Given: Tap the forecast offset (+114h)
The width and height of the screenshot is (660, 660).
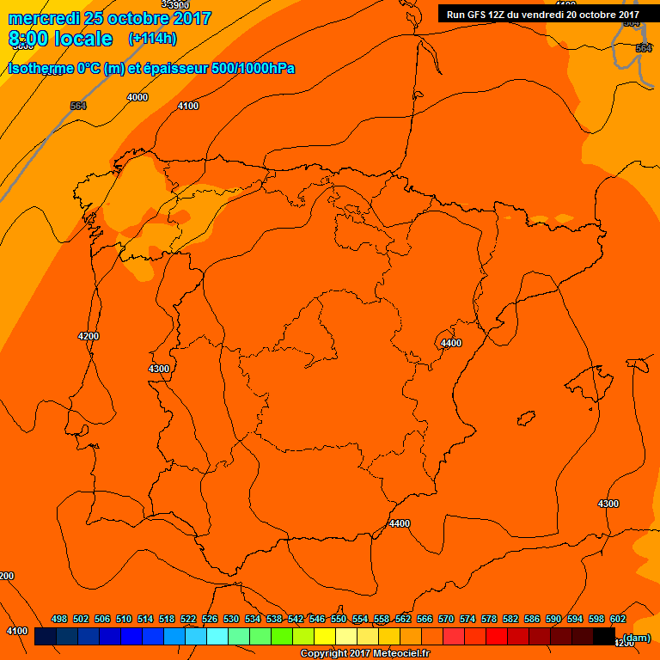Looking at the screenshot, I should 152,39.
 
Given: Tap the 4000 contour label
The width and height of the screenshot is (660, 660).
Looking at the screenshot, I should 137,97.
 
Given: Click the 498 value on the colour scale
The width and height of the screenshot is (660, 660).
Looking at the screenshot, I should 59,619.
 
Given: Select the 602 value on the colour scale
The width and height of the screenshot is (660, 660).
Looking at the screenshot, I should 618,619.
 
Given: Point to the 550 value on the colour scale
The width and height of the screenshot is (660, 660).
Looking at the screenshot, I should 339,619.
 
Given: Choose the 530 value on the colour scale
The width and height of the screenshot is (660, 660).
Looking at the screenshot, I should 231,619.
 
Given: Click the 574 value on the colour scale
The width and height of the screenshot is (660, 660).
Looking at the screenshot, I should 467,619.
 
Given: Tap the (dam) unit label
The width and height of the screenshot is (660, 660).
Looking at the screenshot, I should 637,638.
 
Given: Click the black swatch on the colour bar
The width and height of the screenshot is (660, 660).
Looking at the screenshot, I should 603,637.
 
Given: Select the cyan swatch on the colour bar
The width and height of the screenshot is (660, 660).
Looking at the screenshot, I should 217,637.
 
